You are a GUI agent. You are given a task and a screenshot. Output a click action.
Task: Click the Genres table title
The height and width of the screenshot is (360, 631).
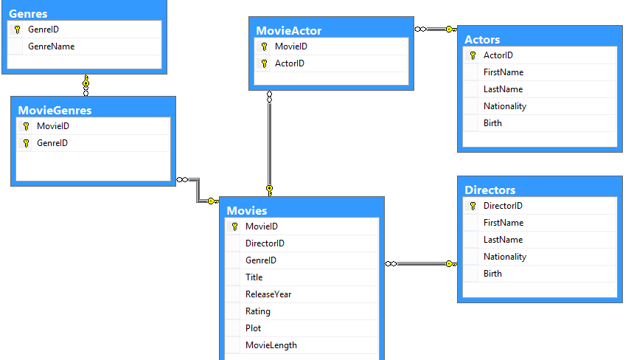coord(28,13)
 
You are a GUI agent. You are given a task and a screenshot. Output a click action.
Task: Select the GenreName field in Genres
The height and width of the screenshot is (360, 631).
coord(51,46)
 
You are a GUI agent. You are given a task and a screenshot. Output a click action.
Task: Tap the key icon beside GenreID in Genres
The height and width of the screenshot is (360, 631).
coord(17,30)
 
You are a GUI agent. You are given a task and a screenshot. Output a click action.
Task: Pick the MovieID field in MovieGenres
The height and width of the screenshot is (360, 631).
coord(53,126)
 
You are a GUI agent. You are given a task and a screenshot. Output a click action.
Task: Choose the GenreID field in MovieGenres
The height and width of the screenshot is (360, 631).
coord(52,143)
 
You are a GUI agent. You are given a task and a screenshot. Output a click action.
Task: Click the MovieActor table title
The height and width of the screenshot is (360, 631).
coord(289,30)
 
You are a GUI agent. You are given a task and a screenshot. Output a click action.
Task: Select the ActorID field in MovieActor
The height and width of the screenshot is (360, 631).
coord(290,63)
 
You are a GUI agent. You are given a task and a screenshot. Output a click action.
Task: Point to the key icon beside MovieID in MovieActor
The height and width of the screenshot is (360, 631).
coord(264,46)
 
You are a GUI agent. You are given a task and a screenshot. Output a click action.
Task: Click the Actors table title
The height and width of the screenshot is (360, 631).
coord(482,39)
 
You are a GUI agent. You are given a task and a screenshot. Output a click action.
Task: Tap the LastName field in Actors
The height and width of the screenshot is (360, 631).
coord(503,89)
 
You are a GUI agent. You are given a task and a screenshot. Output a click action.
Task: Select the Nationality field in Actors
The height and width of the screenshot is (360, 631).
coord(505,106)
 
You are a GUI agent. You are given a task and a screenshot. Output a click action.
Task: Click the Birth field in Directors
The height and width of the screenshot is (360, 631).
coord(492,274)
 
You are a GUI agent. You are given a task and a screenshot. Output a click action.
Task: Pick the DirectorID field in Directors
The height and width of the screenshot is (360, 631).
coord(503,206)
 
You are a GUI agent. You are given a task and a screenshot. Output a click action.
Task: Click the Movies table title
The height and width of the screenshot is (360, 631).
coord(247,210)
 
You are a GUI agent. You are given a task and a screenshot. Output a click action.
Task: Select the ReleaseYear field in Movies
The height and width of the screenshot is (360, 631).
coord(268,294)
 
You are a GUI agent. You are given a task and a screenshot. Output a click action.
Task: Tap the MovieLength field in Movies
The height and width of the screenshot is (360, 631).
coord(271,345)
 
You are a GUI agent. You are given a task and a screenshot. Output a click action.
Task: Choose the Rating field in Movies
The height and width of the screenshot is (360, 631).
coord(258,311)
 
